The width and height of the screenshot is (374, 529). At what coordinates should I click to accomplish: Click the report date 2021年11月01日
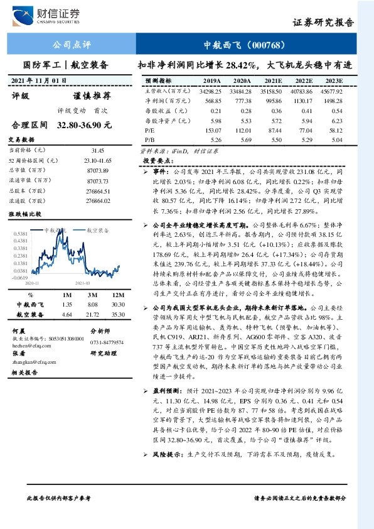point(39,81)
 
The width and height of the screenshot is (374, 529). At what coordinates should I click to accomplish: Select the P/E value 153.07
point(210,129)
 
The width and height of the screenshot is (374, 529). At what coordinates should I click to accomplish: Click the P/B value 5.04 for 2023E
point(337,139)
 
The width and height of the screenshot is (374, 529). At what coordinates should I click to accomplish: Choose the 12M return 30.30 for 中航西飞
point(119,304)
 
